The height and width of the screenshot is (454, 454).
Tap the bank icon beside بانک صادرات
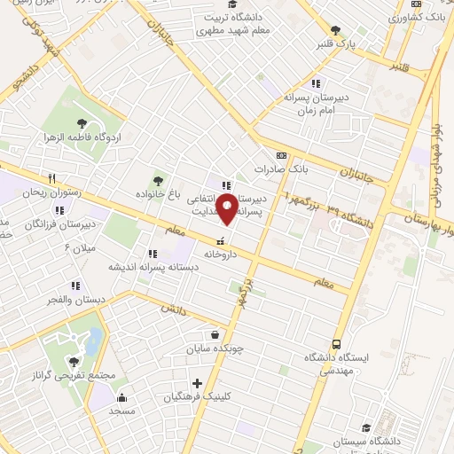click(x=281, y=155)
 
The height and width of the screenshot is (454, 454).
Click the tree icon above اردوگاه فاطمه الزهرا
click(x=82, y=124)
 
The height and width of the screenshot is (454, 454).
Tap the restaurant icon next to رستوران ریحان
click(x=52, y=177)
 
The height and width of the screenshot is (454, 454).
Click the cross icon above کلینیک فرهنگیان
click(x=197, y=384)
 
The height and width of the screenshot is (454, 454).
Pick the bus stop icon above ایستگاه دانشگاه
click(x=336, y=344)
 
